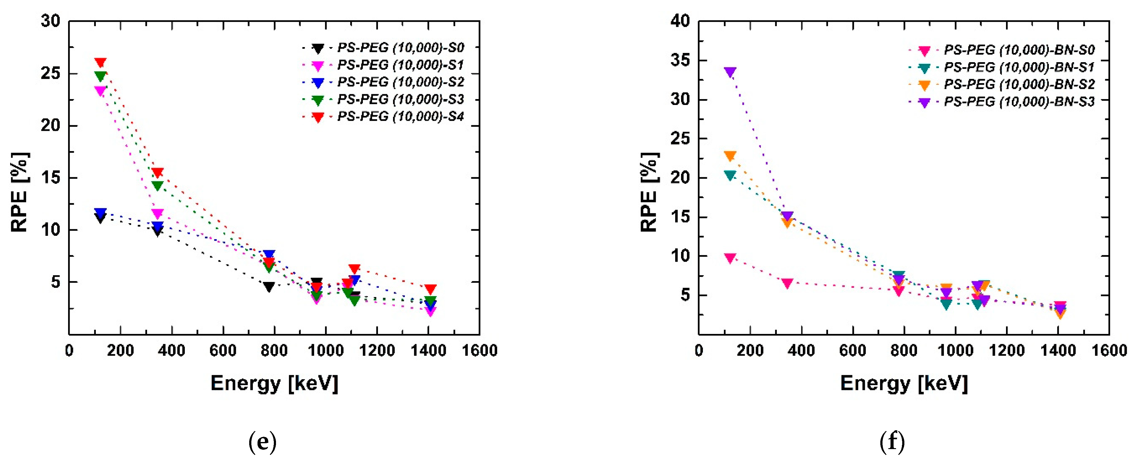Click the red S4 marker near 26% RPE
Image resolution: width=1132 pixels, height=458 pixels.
point(100,63)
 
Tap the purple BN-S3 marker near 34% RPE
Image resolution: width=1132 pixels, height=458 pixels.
point(730,72)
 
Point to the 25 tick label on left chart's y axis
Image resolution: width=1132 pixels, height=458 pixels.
point(50,73)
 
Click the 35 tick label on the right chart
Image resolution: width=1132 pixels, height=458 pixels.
point(680,60)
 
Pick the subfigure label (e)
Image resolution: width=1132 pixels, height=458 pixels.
point(262,441)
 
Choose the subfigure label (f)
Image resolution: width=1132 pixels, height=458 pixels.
point(892,441)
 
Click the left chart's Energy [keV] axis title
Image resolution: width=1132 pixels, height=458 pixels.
point(274,383)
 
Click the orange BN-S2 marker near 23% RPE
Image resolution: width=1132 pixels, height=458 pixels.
point(730,156)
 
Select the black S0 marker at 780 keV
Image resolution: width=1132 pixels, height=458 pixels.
point(269,287)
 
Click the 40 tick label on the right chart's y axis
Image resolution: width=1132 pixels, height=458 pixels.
point(680,21)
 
